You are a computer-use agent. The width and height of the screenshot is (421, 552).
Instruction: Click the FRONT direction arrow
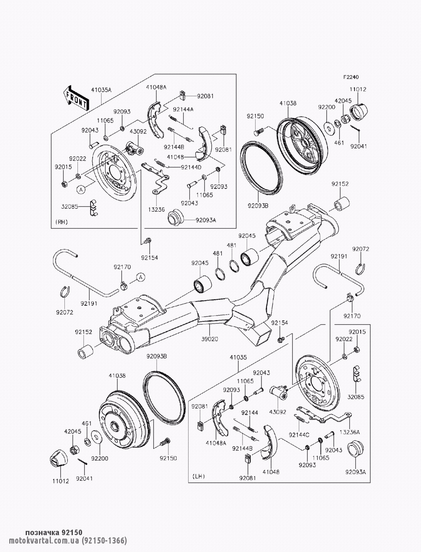pyautogui.click(x=76, y=98)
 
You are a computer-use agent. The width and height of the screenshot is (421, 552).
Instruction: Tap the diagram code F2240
pyautogui.click(x=351, y=77)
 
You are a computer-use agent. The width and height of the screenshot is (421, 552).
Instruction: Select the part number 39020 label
pyautogui.click(x=210, y=339)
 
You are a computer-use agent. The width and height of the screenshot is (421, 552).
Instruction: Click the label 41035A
pyautogui.click(x=101, y=90)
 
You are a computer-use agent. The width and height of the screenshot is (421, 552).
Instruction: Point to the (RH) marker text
pyautogui.click(x=61, y=222)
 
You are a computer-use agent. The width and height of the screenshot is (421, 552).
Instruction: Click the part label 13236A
pyautogui.click(x=350, y=432)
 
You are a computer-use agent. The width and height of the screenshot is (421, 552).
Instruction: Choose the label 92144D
pyautogui.click(x=191, y=167)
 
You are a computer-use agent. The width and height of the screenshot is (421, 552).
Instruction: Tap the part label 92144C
pyautogui.click(x=299, y=435)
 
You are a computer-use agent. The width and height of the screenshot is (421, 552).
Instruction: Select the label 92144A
pyautogui.click(x=183, y=109)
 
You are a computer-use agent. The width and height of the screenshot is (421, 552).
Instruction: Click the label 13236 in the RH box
pyautogui.click(x=156, y=209)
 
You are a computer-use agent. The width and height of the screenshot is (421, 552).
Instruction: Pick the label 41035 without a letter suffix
pyautogui.click(x=238, y=357)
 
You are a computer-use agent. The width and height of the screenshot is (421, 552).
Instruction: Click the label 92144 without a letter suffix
pyautogui.click(x=250, y=413)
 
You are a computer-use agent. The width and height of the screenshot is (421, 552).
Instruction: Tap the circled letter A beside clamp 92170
pyautogui.click(x=141, y=277)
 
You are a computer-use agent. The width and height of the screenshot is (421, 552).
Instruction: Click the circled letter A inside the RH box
pyautogui.click(x=81, y=190)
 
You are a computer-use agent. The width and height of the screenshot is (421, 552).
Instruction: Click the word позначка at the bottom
pyautogui.click(x=43, y=533)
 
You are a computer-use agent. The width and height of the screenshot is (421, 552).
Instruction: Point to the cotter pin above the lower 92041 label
pyautogui.click(x=83, y=461)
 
